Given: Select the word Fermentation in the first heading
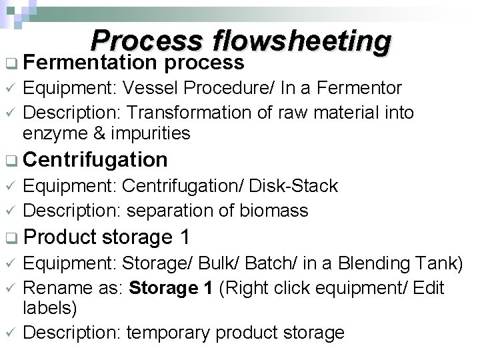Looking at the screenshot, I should [91, 63].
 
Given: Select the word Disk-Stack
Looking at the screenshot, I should [299, 186].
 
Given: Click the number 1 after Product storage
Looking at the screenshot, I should [185, 237].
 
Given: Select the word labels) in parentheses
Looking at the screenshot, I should [49, 309].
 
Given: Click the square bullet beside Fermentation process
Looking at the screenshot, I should [9, 64].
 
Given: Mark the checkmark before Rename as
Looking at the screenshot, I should [9, 289].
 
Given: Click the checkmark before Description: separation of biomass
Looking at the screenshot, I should [9, 211].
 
